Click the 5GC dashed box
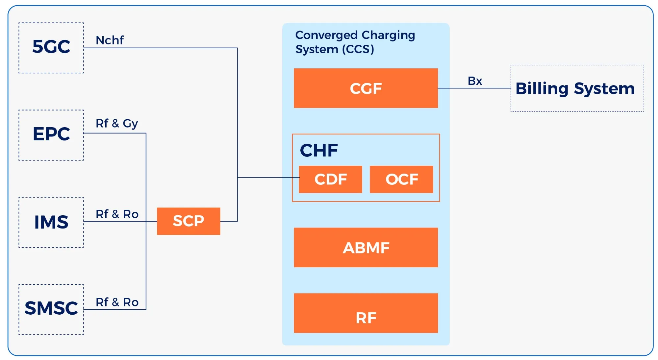[x=51, y=48]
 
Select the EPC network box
[x=51, y=135]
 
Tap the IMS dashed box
[x=51, y=222]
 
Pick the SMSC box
[x=51, y=309]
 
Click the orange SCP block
[x=188, y=221]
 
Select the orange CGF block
[x=366, y=88]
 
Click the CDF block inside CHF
[x=330, y=179]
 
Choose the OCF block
[x=401, y=179]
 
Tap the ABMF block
[x=366, y=247]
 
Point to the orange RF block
[x=366, y=313]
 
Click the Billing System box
[x=577, y=88]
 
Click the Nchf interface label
[x=110, y=40]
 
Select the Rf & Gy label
[x=117, y=124]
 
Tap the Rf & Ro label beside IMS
[x=117, y=214]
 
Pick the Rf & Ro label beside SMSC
[x=117, y=302]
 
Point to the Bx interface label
[x=475, y=81]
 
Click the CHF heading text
[x=318, y=150]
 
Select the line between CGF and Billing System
[x=474, y=88]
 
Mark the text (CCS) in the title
[x=358, y=49]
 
